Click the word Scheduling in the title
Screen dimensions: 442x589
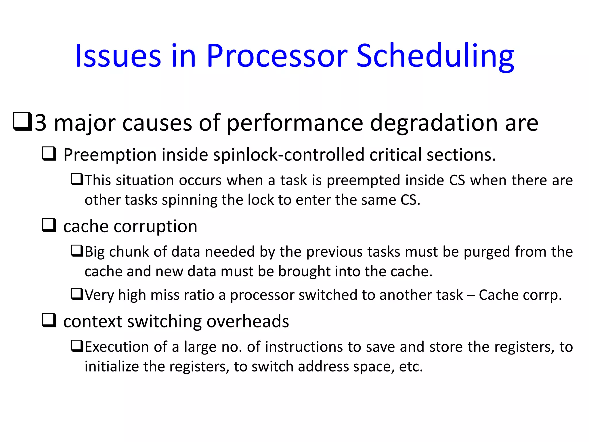435,56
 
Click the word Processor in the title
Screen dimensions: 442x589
277,56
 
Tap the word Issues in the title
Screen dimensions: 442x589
118,56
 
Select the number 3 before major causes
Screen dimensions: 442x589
41,123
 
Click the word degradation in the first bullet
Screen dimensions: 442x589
434,123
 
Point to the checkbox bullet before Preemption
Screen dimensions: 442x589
49,154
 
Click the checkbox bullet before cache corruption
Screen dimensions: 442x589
49,225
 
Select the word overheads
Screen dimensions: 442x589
248,321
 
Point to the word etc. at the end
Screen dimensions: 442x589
411,367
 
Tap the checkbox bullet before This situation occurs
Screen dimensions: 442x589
77,180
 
